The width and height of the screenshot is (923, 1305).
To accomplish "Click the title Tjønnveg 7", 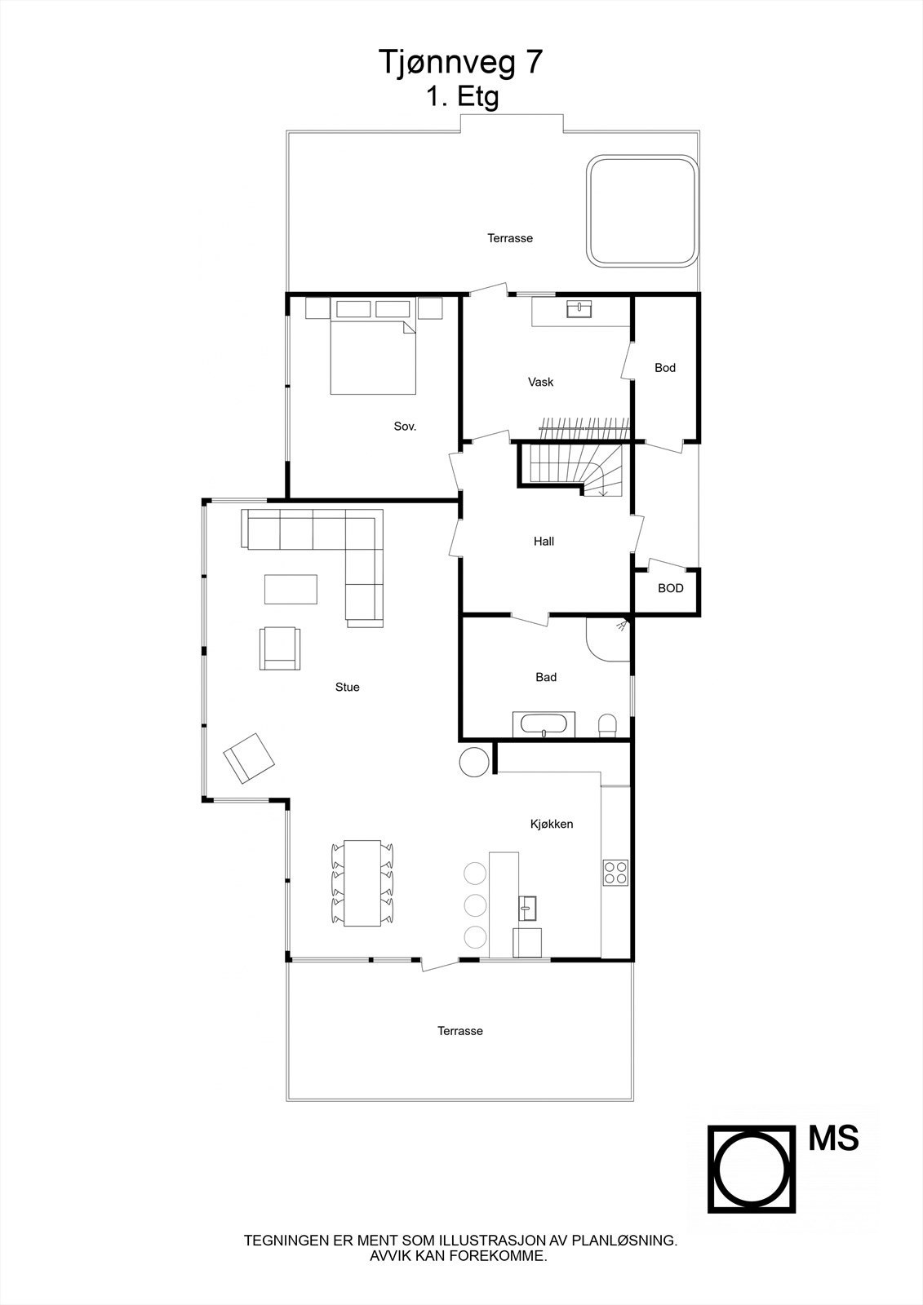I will (460, 63).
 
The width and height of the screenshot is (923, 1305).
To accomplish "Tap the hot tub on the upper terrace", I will (642, 211).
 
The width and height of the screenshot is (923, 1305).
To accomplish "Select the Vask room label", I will (541, 382).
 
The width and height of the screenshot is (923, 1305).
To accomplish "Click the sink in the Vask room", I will (581, 309).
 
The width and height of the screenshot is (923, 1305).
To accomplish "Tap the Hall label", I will (544, 542).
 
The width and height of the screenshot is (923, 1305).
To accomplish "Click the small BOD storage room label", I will (670, 588).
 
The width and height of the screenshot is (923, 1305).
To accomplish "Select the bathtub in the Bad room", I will (544, 724).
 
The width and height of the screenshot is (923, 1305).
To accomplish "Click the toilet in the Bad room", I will (608, 725).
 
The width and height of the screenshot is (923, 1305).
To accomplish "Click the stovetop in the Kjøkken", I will (615, 873).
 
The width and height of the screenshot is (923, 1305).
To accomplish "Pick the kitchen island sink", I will (527, 905).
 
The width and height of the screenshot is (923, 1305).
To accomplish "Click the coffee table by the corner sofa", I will (291, 589).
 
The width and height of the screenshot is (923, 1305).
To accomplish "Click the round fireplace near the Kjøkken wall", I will (474, 762).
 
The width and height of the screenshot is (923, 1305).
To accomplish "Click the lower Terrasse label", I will (459, 1031).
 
